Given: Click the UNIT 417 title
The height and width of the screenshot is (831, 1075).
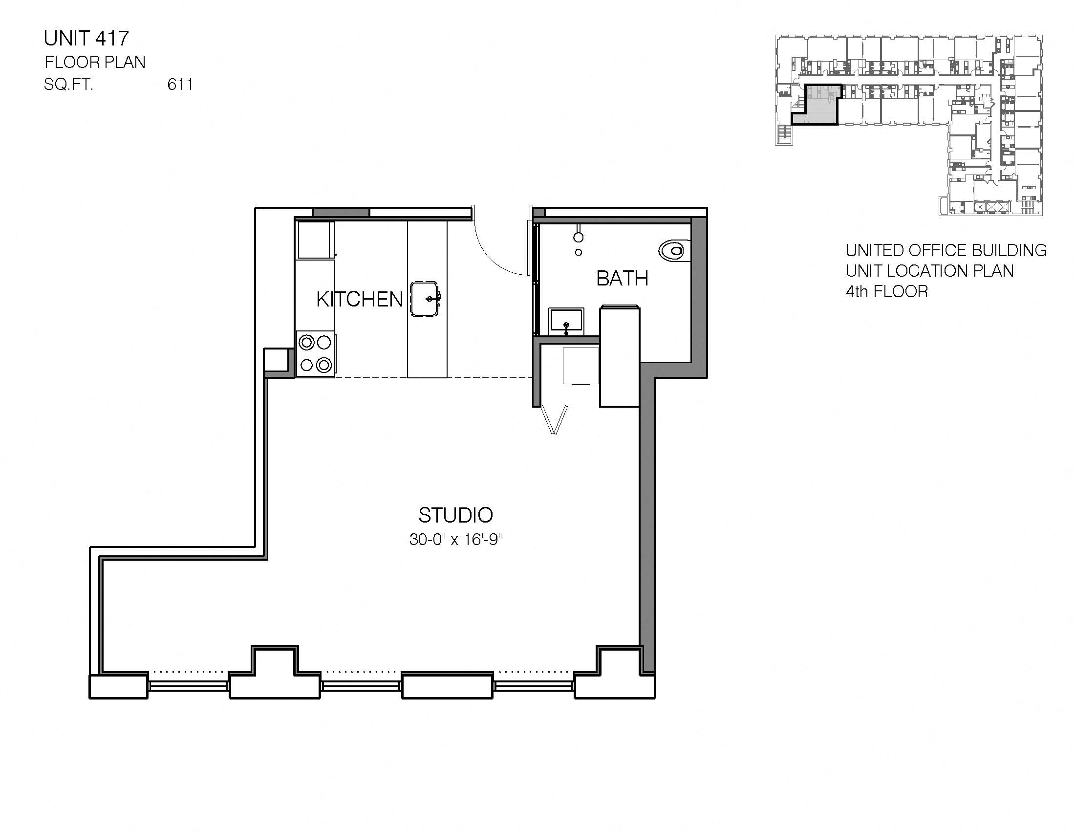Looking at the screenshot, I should point(86,38).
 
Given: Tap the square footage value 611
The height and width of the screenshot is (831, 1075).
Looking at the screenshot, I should point(180,85).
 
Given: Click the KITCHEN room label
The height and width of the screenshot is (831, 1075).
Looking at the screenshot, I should point(359,299).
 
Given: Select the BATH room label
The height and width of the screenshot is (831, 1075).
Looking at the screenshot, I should point(622,279).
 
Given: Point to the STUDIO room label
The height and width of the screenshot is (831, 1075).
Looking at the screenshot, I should point(455,515).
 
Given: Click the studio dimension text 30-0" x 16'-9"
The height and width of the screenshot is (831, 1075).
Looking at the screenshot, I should point(455,540).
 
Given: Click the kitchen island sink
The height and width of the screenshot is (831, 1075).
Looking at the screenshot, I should point(426,299).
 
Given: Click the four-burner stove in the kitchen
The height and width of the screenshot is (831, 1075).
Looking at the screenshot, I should point(316,353).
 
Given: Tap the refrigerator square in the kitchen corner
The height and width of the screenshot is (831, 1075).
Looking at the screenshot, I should point(315,240).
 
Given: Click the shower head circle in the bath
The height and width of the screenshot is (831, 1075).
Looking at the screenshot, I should point(579,237).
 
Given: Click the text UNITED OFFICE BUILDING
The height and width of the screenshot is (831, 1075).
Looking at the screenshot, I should point(946,251).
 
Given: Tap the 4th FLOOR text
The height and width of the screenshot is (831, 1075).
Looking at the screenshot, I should point(886,292).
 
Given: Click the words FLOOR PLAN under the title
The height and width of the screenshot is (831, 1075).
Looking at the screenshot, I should point(95,62).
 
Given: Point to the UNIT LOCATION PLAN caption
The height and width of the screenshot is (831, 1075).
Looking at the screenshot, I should point(929,271).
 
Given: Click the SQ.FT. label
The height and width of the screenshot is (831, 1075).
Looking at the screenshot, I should point(68,85).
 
